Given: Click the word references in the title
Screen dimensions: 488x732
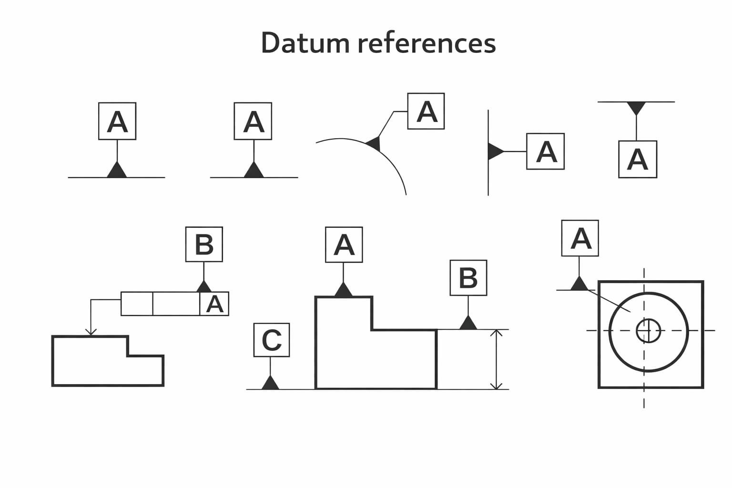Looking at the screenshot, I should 426,43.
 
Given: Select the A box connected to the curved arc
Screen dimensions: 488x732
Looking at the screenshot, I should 426,111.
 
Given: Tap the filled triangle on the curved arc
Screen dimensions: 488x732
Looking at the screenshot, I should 375,142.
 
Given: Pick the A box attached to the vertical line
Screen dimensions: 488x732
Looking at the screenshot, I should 545,152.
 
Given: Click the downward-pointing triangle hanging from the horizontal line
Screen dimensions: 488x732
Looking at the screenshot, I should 636,108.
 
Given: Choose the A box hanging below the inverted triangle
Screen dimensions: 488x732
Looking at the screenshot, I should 637,159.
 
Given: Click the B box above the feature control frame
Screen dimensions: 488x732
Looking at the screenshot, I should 204,244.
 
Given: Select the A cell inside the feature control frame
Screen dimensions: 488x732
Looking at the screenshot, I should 214,304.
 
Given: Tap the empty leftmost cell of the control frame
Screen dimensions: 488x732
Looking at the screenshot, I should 137,304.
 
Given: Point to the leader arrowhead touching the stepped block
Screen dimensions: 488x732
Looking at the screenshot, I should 91,332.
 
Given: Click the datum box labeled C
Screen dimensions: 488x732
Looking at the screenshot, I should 271,340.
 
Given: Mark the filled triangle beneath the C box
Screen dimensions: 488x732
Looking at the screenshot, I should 271,383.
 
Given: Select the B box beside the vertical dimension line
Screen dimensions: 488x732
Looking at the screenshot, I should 468,278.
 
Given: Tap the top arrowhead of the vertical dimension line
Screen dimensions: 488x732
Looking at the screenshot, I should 497,333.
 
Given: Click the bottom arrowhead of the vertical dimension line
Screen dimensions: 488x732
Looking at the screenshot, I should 497,386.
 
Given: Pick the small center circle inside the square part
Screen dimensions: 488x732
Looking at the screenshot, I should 648,331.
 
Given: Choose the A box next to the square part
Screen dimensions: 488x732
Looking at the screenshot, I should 580,238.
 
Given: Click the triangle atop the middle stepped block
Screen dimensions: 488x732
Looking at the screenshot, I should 344,290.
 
